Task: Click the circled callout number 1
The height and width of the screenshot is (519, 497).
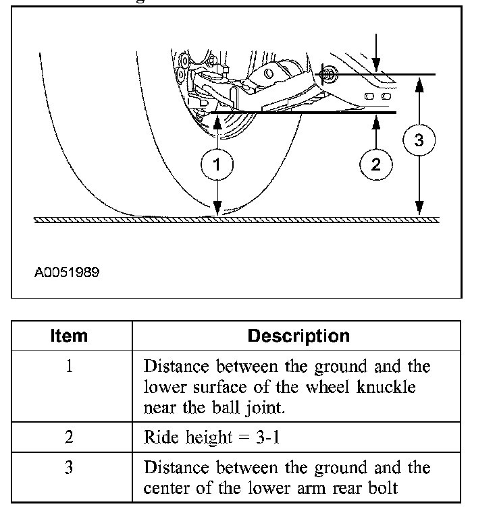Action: point(216,164)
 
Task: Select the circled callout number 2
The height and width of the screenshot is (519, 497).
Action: point(376,164)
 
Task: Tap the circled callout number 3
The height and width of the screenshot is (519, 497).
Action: point(419,141)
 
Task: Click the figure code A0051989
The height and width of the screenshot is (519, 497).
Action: point(67,273)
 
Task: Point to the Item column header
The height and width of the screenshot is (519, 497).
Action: point(69,336)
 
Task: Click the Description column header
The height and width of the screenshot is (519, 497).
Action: point(298,336)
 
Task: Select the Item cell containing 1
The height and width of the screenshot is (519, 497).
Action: point(69,367)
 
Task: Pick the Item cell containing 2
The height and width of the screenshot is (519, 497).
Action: point(69,437)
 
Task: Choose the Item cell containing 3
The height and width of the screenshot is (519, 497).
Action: point(69,467)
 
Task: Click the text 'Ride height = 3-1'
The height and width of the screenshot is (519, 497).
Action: point(212,437)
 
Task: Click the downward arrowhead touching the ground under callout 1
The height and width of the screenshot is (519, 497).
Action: point(217,210)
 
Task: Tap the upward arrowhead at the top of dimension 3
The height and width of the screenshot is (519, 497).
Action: point(419,82)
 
